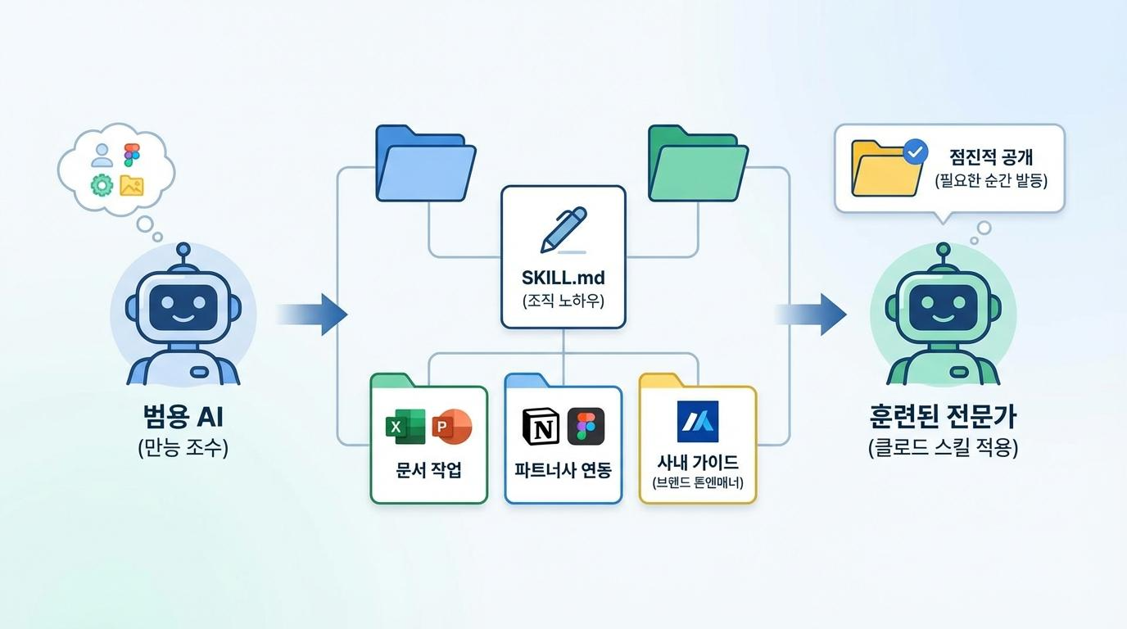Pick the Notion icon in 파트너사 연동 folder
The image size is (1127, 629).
pyautogui.click(x=539, y=426)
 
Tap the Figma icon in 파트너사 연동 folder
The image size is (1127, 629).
pyautogui.click(x=586, y=426)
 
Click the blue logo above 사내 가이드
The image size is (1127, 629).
pyautogui.click(x=697, y=422)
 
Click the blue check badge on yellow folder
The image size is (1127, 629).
pyautogui.click(x=914, y=152)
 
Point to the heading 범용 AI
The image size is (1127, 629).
pyautogui.click(x=183, y=417)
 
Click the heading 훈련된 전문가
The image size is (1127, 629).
pyautogui.click(x=943, y=417)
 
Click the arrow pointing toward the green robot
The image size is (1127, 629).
pyautogui.click(x=811, y=314)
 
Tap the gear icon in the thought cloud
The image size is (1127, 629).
pyautogui.click(x=102, y=186)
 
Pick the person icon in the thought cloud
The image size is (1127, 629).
pyautogui.click(x=102, y=155)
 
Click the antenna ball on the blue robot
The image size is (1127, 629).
pyautogui.click(x=183, y=248)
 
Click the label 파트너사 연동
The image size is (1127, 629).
pyautogui.click(x=563, y=470)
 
